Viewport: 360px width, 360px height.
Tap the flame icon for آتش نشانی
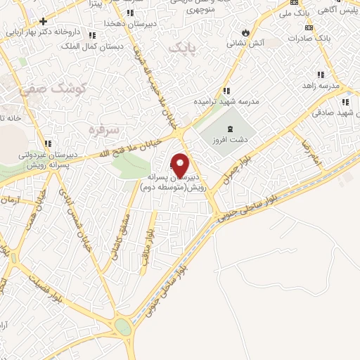(x=245, y=32)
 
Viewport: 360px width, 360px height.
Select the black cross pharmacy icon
(x=44, y=21)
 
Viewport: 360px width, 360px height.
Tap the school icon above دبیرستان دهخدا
(x=130, y=13)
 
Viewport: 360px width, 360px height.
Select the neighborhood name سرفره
(x=101, y=129)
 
